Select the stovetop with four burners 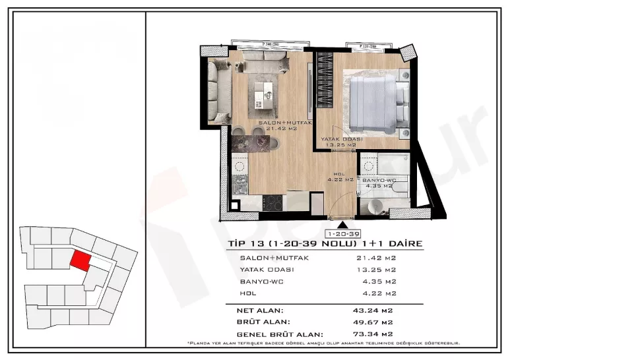(x=273, y=204)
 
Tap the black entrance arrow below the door (x=341, y=225)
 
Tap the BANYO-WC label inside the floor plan (x=378, y=179)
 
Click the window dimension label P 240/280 (x=273, y=44)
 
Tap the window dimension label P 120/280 (x=366, y=47)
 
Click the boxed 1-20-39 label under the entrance (x=342, y=234)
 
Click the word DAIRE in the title (x=402, y=244)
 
